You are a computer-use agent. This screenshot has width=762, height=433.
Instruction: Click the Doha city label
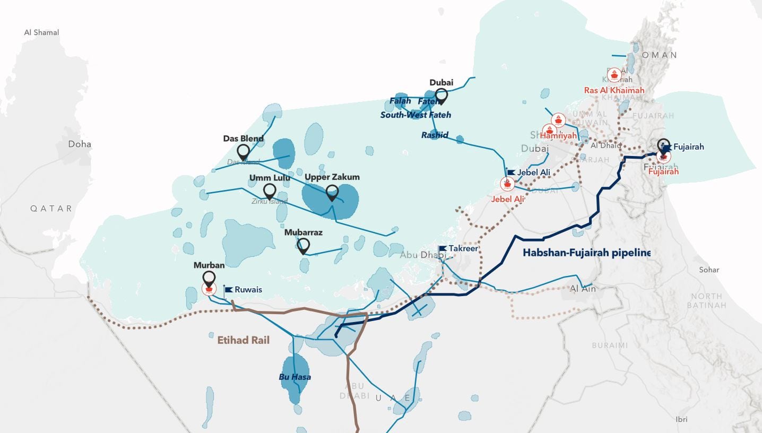point(80,144)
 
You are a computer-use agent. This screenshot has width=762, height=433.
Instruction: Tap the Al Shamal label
point(41,32)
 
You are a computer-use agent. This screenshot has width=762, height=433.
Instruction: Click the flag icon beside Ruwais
point(229,289)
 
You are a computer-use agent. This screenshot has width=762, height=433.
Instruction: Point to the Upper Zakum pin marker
point(332,193)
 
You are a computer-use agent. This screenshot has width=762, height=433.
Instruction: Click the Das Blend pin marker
point(244,152)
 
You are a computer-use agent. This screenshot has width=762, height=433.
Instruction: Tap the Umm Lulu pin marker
point(270,192)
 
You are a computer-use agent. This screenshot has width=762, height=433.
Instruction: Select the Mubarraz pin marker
point(304,246)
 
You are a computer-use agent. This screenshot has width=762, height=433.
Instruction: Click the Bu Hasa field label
point(295,377)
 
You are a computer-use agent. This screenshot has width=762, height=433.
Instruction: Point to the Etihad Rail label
point(244,340)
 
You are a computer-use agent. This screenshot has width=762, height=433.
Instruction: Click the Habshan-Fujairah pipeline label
point(586,253)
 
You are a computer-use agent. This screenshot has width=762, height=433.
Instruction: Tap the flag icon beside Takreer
point(443,248)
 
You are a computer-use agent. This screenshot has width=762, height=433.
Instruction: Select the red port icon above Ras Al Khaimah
point(614,75)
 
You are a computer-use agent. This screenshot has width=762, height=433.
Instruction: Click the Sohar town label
point(709,270)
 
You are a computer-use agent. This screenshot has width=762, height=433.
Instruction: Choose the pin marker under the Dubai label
point(441,96)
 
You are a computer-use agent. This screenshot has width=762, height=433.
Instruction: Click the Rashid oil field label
point(435,135)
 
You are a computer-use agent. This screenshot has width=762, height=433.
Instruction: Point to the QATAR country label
point(51,209)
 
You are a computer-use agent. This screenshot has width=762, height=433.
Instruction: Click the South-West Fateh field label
point(415,115)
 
